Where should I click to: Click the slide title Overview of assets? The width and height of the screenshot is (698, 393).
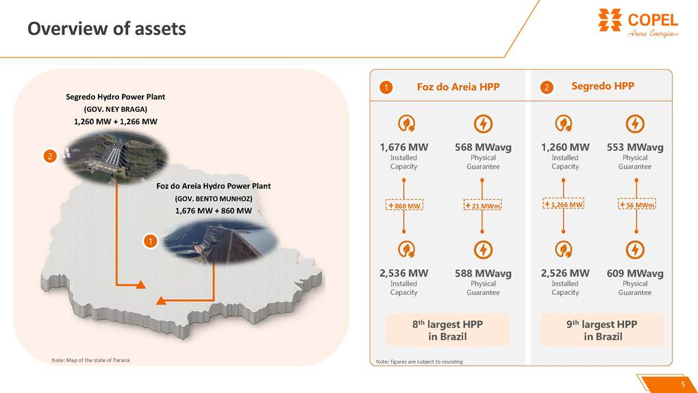(106, 29)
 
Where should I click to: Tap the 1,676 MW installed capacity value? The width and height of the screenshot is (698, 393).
(403, 147)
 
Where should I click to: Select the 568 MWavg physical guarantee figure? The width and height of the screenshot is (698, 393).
(483, 147)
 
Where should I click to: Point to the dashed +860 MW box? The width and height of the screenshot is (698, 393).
(404, 206)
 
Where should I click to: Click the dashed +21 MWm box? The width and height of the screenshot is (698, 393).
(483, 206)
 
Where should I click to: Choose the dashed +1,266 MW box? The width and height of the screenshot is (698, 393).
(563, 204)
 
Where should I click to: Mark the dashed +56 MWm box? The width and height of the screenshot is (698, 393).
(636, 205)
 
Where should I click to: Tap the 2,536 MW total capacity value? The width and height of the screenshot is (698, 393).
(403, 274)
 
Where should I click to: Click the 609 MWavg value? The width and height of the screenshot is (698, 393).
(635, 274)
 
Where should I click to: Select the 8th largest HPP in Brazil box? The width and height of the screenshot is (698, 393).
(447, 330)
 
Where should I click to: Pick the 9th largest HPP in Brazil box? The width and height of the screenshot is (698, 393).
(602, 330)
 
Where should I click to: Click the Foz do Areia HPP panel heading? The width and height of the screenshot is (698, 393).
(458, 87)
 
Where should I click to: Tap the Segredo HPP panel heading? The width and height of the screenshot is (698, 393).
(603, 86)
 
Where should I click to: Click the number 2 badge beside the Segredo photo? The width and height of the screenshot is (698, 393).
(49, 156)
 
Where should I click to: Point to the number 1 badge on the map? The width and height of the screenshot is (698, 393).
(150, 241)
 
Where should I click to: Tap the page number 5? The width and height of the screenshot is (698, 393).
(682, 384)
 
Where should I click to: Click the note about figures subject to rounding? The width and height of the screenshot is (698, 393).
(419, 361)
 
